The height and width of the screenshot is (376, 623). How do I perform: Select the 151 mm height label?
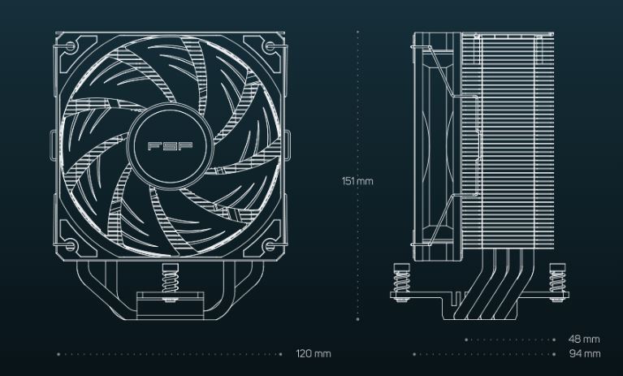click(357, 180)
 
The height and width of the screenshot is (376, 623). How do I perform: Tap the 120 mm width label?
click(314, 354)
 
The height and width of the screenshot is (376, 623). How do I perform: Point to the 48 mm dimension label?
click(584, 339)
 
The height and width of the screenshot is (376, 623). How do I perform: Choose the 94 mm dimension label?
click(584, 354)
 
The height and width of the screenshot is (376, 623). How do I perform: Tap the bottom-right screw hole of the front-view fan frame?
click(270, 244)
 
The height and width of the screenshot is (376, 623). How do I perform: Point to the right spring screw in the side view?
click(556, 280)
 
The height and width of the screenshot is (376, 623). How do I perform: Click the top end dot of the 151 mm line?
click(357, 32)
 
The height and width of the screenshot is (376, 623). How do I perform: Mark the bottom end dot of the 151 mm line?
click(357, 319)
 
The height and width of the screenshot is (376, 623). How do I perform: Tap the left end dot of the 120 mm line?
click(58, 354)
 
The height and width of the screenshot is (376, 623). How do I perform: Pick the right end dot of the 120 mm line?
click(281, 354)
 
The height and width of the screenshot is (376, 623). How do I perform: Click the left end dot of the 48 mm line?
click(465, 339)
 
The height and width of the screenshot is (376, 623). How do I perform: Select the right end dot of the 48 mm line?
click(555, 339)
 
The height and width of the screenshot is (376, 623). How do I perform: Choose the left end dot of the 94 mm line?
click(414, 354)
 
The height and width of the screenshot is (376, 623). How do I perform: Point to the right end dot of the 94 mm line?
click(555, 354)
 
